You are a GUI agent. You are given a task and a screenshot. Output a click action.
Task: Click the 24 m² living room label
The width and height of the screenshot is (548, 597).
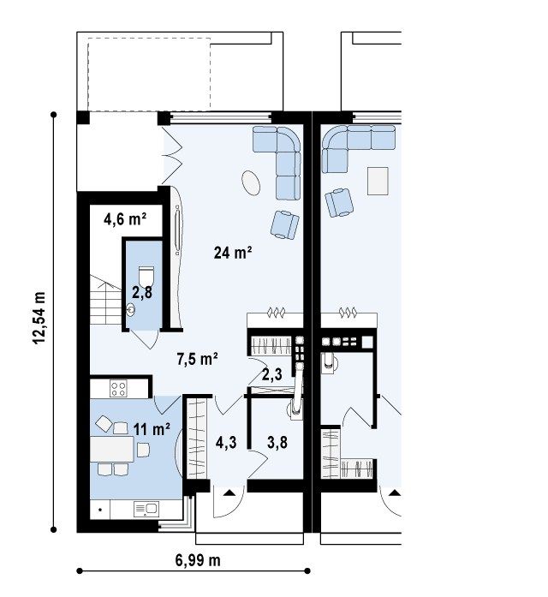pos(233,253)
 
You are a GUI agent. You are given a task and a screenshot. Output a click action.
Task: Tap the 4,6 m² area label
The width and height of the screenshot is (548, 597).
pos(125,219)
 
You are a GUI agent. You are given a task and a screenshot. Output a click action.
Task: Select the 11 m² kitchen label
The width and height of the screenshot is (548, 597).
pos(152,429)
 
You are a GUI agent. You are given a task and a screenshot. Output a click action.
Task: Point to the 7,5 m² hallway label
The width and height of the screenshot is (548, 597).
pos(197,359)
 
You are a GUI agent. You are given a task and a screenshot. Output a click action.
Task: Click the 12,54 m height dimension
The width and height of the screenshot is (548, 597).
pos(39,319)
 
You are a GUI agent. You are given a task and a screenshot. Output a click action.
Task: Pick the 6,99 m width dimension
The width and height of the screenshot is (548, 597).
pos(198,560)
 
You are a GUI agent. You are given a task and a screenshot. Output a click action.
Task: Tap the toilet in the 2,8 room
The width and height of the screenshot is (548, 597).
pos(146,276)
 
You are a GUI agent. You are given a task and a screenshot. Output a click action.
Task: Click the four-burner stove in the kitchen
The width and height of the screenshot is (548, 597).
pos(118,388)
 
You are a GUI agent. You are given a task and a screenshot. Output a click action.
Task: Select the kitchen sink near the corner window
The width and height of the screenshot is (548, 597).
pos(146,509)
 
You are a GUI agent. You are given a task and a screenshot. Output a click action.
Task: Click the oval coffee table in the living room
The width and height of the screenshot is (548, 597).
pos(251,182)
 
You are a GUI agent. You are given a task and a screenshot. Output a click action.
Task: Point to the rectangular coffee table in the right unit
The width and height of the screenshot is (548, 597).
pos(378,181)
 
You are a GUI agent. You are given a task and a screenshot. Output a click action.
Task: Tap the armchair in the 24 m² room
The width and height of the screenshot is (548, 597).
pos(284,224)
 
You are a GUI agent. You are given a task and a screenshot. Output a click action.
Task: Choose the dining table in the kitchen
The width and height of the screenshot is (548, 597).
pos(112,450)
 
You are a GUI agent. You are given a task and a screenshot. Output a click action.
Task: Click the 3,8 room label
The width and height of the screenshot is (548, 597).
pos(277,443)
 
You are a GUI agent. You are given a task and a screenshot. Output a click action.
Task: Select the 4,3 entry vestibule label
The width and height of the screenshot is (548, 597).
pos(226,443)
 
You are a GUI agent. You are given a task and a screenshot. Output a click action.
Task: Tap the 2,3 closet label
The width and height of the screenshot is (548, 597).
pos(272,374)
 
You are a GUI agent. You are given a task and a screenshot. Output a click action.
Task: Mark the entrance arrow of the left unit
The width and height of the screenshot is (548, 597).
pos(229,493)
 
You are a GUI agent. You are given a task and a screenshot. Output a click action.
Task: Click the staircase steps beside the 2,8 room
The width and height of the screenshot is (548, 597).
pos(106,300)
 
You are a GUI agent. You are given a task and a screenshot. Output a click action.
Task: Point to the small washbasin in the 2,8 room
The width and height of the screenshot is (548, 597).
pos(130,310)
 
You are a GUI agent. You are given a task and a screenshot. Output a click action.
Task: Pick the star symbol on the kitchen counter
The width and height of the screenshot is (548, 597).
pos(100,510)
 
